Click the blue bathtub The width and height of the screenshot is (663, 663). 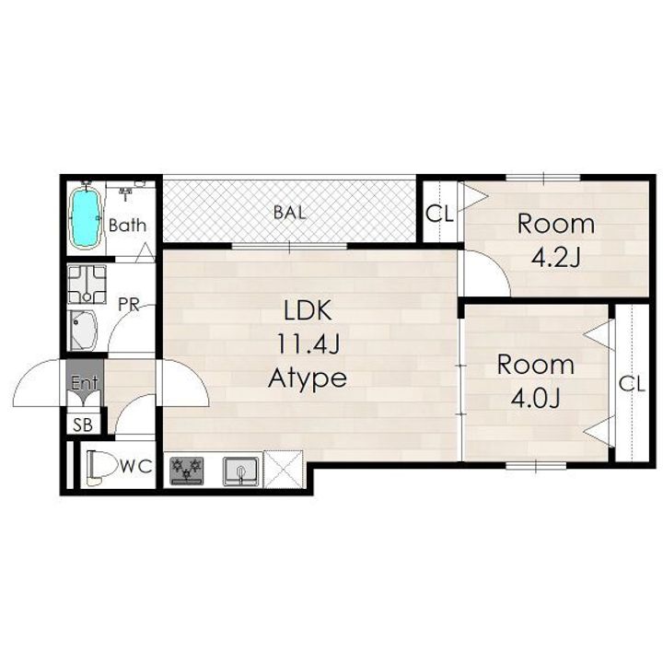tap(87, 218)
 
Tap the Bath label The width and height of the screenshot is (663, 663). tap(127, 225)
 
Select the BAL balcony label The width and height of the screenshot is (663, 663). tap(290, 213)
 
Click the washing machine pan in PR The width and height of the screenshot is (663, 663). tap(87, 285)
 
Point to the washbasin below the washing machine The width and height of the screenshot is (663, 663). tap(83, 331)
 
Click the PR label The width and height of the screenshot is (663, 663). tap(129, 305)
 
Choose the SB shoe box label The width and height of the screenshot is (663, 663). tap(83, 425)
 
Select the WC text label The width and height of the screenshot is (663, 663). tap(136, 467)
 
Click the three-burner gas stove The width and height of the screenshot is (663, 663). tap(186, 471)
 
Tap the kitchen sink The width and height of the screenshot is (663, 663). tap(240, 471)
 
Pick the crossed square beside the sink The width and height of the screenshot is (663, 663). tap(284, 469)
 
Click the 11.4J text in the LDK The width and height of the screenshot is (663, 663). tap(308, 344)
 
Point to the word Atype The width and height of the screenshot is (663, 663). tap(308, 378)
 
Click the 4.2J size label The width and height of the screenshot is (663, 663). tap(556, 258)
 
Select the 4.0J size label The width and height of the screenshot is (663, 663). tap(536, 398)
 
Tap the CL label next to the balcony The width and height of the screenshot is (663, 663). tap(439, 214)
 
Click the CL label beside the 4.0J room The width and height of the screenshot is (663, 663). tap(632, 384)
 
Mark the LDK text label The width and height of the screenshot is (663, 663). tap(308, 310)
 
